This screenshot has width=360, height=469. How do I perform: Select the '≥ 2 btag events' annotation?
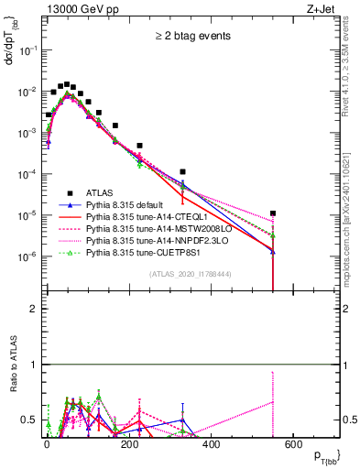click(191, 37)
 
